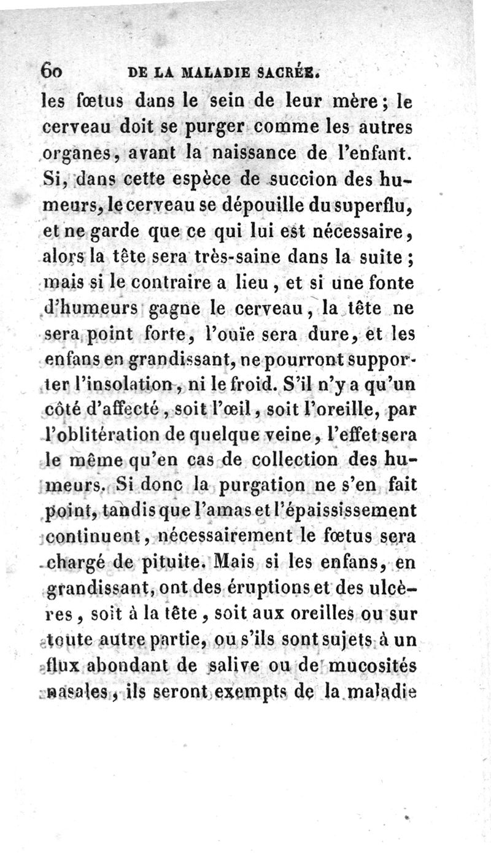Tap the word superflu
[x=367, y=206]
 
